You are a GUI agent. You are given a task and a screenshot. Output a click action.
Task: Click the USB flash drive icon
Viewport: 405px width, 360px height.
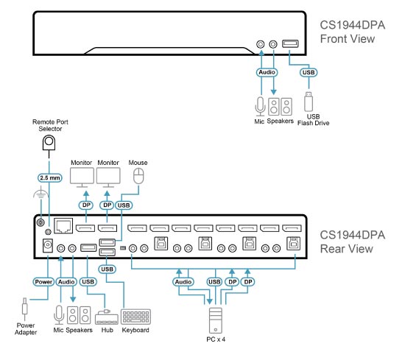(309, 102)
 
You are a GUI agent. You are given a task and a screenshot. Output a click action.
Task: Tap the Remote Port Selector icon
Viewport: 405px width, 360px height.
(49, 143)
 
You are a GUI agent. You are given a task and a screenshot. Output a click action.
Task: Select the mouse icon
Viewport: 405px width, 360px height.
(138, 176)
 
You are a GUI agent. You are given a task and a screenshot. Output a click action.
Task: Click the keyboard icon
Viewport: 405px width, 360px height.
(136, 317)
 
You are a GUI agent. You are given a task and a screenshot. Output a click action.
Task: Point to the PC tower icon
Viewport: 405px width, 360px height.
(216, 320)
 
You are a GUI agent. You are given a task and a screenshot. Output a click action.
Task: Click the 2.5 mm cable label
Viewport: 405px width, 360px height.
(50, 177)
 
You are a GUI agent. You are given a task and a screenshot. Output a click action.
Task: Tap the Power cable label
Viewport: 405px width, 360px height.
(43, 282)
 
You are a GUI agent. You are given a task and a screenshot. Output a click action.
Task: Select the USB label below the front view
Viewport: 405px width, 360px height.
(309, 72)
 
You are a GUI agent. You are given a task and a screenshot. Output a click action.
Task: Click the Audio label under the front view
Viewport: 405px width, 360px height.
(267, 72)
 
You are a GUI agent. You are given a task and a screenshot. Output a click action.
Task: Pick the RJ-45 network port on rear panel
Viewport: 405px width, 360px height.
(63, 226)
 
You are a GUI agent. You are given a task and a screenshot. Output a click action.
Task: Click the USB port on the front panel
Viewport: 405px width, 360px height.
(290, 43)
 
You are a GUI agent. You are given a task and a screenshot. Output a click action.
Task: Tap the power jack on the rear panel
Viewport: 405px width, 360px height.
(48, 245)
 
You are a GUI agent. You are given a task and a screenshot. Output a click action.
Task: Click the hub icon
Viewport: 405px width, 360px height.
(107, 317)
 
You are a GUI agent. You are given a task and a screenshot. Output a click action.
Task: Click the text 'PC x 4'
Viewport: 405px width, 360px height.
(216, 339)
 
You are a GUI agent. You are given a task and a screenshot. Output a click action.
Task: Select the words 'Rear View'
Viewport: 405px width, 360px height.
(347, 249)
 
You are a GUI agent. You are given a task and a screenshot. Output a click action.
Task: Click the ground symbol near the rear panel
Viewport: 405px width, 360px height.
(40, 193)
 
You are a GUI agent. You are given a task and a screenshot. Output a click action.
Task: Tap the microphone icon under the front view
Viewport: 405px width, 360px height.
(260, 107)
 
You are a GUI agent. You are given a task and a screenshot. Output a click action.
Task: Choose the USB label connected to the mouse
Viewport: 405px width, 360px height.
(124, 205)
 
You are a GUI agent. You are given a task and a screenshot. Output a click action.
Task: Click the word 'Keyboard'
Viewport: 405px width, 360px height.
(135, 330)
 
